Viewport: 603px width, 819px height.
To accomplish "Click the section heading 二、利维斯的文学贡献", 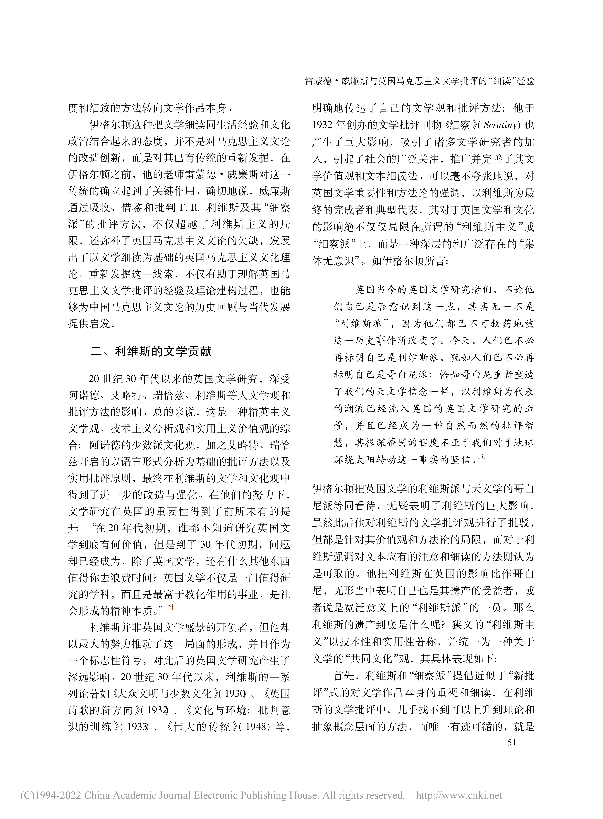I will [x=151, y=352].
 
